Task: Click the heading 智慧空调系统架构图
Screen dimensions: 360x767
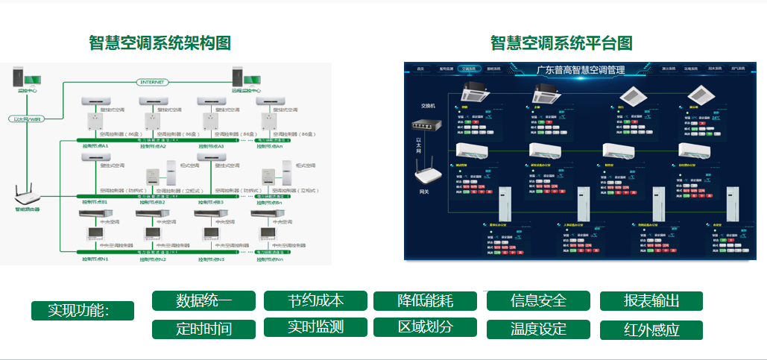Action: coord(160,42)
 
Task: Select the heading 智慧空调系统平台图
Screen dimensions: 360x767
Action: coord(561,42)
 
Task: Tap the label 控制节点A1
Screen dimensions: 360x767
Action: coord(95,146)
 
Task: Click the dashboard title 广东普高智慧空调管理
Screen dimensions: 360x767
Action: coord(581,69)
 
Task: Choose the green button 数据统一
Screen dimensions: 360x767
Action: coord(204,301)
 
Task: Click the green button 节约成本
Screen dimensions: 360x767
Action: coord(316,300)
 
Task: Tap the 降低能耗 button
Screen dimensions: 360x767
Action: coord(425,301)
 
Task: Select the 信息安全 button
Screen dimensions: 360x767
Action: coord(538,301)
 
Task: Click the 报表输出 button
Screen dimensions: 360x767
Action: coord(651,301)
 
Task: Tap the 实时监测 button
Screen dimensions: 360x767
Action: coord(316,326)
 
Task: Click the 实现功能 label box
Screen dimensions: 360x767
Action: coord(83,311)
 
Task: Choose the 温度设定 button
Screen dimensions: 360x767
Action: coord(538,329)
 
